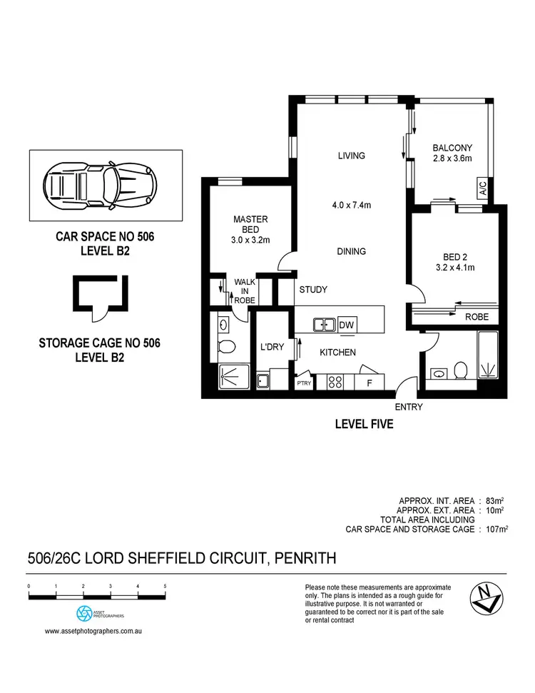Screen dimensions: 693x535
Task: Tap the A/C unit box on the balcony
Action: pos(483,189)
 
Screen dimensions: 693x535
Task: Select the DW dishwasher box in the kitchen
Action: pos(347,325)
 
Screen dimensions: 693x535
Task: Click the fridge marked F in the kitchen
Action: pos(370,383)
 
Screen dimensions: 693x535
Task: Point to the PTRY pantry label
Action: pos(304,383)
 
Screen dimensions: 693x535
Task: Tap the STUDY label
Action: pos(313,290)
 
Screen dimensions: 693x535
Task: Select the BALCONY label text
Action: pos(452,148)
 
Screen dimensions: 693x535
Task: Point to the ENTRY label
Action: pos(408,408)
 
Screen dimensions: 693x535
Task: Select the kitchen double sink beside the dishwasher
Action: pos(325,325)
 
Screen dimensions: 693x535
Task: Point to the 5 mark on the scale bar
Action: pos(165,586)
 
